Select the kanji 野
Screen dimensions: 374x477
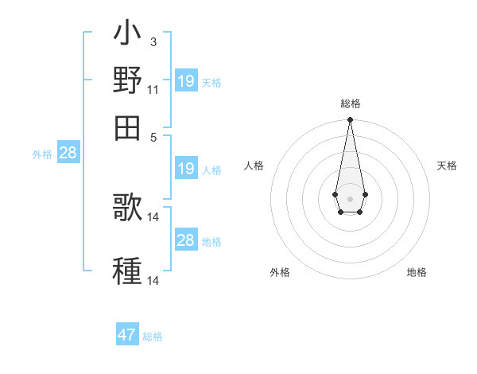127,80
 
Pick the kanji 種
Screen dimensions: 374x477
127,270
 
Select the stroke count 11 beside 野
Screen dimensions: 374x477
153,90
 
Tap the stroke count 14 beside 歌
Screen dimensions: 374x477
153,216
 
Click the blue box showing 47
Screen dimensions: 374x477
127,335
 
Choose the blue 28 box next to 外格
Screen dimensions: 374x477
68,153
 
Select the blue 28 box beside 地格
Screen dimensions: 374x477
185,240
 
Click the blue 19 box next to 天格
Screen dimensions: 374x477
185,81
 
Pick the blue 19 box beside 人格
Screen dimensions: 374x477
185,169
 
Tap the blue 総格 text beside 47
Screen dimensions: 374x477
153,337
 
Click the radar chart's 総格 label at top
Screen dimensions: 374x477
350,103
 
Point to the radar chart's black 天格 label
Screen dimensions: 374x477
447,166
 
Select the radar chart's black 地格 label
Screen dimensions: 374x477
417,272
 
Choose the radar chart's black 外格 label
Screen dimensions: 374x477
280,272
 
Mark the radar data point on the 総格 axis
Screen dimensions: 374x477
350,120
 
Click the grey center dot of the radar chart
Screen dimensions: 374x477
350,197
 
